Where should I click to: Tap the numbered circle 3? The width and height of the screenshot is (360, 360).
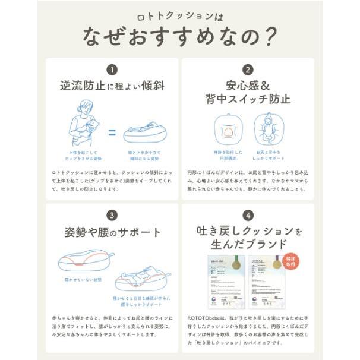click(x=112, y=215)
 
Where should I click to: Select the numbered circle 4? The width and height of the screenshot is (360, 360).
click(x=248, y=215)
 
